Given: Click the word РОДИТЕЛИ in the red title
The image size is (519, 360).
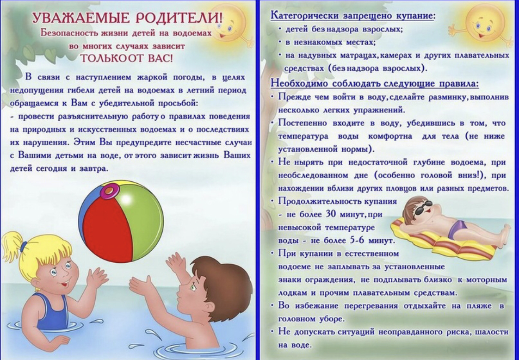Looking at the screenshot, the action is [179, 18].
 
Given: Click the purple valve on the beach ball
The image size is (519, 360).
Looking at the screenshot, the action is [109, 190].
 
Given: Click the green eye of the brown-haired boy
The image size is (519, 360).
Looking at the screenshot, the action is [192, 287].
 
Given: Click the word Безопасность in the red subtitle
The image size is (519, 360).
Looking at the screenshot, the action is [69, 33].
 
